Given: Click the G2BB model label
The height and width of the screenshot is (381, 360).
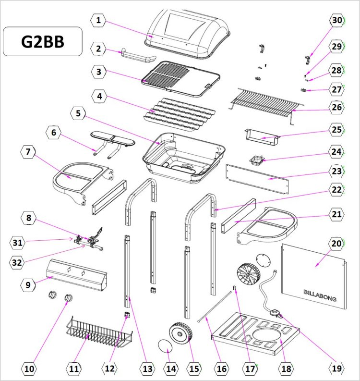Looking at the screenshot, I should tap(43, 41).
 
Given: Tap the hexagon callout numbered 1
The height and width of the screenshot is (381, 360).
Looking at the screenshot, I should tap(98, 21).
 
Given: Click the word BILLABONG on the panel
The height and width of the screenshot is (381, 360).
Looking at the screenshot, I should tap(320, 295).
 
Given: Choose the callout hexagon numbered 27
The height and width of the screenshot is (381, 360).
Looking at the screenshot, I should tap(337, 90).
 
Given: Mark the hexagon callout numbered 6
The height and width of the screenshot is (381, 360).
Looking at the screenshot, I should tap(54, 132).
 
